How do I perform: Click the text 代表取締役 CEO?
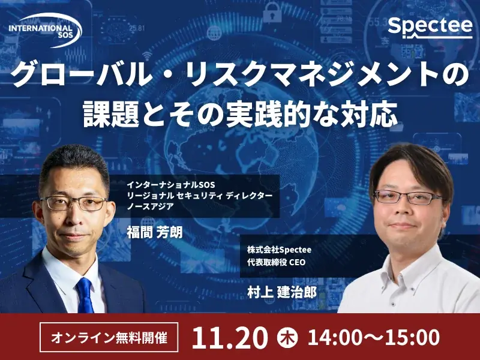pyautogui.click(x=277, y=262)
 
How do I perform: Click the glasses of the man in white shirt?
pyautogui.click(x=408, y=197)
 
